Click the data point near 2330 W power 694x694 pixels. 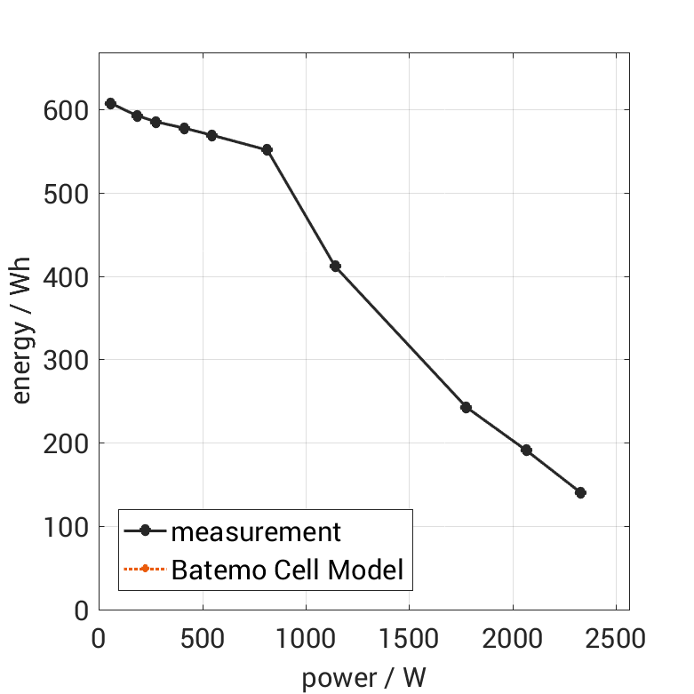580,492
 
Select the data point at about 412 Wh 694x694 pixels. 335,266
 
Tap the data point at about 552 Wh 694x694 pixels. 267,149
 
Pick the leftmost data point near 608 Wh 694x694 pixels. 110,103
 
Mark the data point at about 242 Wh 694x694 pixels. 466,407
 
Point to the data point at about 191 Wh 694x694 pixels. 526,450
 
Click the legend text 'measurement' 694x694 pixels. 256,531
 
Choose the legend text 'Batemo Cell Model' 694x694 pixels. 287,569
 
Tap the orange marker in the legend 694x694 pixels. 144,569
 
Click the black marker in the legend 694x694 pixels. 144,531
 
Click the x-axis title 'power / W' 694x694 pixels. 363,678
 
